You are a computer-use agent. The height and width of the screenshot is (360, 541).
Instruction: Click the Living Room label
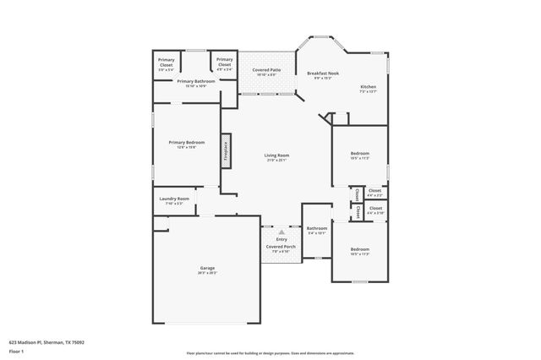click(276, 155)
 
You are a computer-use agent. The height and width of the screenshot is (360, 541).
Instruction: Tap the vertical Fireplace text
click(226, 150)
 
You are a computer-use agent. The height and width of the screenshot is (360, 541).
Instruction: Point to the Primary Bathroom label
click(195, 81)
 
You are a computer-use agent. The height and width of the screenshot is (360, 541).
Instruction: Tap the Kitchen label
click(368, 87)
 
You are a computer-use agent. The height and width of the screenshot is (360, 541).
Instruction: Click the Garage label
click(207, 268)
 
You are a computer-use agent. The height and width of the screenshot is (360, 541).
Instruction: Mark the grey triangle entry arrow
click(281, 232)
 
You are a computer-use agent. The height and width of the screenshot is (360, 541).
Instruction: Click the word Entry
click(281, 239)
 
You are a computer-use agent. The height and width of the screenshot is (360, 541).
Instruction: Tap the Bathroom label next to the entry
click(317, 228)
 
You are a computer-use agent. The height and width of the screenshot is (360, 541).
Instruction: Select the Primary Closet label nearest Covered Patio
click(224, 60)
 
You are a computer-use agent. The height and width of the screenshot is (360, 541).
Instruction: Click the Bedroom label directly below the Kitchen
click(360, 153)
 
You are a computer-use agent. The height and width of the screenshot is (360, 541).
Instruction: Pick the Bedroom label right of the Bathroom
click(360, 248)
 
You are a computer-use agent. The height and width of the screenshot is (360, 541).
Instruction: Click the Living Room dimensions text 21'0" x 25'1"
click(276, 161)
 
